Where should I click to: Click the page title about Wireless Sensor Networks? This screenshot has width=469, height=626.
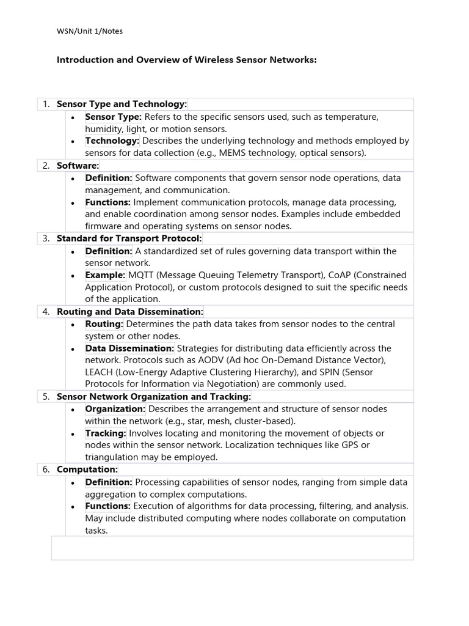[x=187, y=60]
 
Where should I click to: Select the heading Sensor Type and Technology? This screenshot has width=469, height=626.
[x=122, y=105]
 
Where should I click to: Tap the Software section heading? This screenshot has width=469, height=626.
[x=78, y=166]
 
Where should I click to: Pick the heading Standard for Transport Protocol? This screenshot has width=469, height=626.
[x=129, y=238]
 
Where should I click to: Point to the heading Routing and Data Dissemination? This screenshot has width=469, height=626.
[x=129, y=312]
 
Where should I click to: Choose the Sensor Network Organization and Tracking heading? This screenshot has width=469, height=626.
[x=154, y=397]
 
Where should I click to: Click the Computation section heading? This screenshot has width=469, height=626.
[x=87, y=469]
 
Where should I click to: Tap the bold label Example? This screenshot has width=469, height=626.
[x=105, y=275]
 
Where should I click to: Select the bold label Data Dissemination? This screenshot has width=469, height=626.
[x=129, y=348]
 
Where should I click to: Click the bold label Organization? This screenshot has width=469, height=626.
[x=115, y=409]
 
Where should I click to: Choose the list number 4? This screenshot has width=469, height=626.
[x=46, y=312]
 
